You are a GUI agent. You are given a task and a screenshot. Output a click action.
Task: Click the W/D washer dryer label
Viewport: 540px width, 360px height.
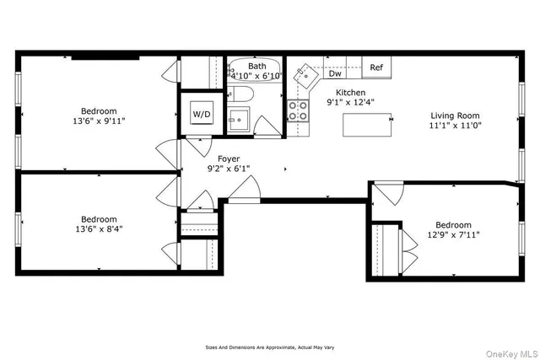point(202,114)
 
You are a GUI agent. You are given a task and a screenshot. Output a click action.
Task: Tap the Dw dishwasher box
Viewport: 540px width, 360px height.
point(335,73)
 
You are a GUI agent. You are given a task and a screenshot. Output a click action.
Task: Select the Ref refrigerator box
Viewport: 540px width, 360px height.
point(376,67)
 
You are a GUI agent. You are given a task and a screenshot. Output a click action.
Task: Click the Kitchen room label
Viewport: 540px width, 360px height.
point(351,93)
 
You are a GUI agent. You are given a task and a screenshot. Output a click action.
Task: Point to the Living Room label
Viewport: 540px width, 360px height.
point(455,116)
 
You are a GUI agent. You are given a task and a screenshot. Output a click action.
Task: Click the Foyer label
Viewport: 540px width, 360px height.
point(229,159)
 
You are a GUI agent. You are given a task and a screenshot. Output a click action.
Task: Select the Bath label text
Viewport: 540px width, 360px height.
point(256,66)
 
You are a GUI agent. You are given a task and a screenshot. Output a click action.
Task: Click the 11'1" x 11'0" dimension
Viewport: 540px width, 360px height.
point(455,127)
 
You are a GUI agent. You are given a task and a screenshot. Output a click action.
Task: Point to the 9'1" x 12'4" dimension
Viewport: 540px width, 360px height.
point(351,104)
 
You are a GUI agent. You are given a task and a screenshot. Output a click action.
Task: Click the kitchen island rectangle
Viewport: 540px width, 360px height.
point(368,126)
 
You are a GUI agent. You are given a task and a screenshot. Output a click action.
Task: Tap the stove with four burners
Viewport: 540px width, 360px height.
point(298,109)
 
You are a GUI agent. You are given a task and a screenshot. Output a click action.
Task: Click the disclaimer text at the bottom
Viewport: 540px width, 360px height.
point(269,347)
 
